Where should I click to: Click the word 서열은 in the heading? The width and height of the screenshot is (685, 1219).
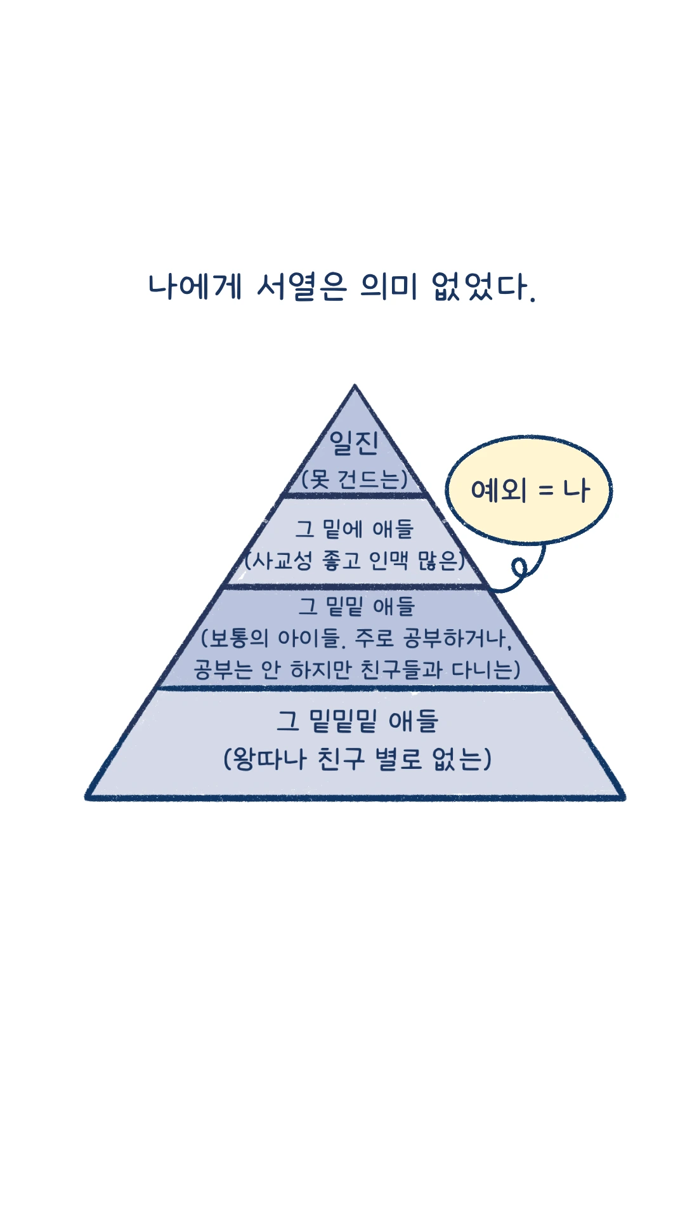[302, 286]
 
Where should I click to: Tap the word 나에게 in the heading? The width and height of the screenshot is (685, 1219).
[195, 286]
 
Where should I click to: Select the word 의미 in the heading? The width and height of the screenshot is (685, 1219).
[389, 286]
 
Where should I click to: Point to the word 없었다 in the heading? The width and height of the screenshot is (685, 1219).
[480, 286]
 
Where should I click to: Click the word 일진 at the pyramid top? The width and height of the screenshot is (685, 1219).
[354, 443]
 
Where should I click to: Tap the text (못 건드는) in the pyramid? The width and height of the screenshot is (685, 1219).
[354, 479]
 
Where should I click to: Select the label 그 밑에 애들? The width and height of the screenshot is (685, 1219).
[355, 528]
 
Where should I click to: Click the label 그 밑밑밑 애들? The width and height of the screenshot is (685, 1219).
[357, 721]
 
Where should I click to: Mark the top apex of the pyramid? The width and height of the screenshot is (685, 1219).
[355, 385]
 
